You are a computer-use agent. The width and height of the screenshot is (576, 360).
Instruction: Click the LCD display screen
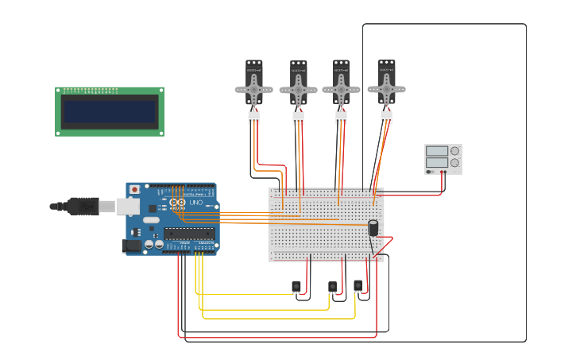click(x=110, y=112)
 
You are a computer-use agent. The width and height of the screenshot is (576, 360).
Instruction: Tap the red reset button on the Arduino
click(x=134, y=190)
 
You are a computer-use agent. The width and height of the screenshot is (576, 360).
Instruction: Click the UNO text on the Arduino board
click(x=195, y=203)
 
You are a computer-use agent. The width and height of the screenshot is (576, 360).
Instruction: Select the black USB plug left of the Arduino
click(x=83, y=207)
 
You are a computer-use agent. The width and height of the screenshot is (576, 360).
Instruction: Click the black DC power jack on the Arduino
click(x=131, y=246)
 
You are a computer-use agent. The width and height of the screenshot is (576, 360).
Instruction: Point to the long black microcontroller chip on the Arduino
click(x=189, y=234)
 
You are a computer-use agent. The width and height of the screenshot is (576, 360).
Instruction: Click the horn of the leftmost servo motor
click(x=254, y=90)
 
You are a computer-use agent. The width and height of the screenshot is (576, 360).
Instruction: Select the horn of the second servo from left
click(x=299, y=91)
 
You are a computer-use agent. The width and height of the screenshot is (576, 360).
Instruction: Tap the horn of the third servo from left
click(x=341, y=90)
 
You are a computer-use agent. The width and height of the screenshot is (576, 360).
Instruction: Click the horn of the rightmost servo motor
click(x=386, y=89)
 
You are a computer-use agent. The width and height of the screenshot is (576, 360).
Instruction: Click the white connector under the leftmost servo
click(x=254, y=118)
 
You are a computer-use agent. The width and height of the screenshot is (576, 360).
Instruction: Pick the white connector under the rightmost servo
click(x=386, y=118)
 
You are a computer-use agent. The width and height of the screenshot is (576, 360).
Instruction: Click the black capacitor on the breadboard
click(x=373, y=228)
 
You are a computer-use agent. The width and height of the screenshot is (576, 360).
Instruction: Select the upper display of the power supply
click(x=436, y=151)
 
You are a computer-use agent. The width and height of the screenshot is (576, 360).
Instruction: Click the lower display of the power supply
click(x=436, y=163)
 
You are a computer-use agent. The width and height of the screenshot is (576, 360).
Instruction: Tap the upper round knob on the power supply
click(x=454, y=151)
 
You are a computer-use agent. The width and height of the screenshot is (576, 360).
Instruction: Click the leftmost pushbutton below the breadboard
click(x=296, y=286)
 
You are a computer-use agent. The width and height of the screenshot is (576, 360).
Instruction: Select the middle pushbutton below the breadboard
click(x=333, y=286)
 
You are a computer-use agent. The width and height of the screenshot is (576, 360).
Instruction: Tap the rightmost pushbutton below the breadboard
click(x=358, y=285)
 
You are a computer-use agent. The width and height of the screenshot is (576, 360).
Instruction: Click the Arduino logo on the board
click(x=177, y=203)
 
